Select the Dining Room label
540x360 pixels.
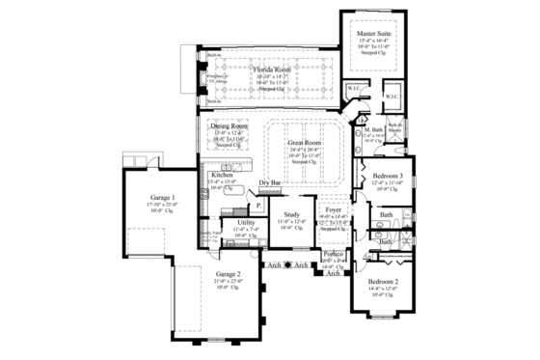(229, 126)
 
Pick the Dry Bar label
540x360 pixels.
(270, 182)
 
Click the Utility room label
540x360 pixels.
(245, 223)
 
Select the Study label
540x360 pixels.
(292, 215)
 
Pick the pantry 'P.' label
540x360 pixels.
(258, 206)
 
